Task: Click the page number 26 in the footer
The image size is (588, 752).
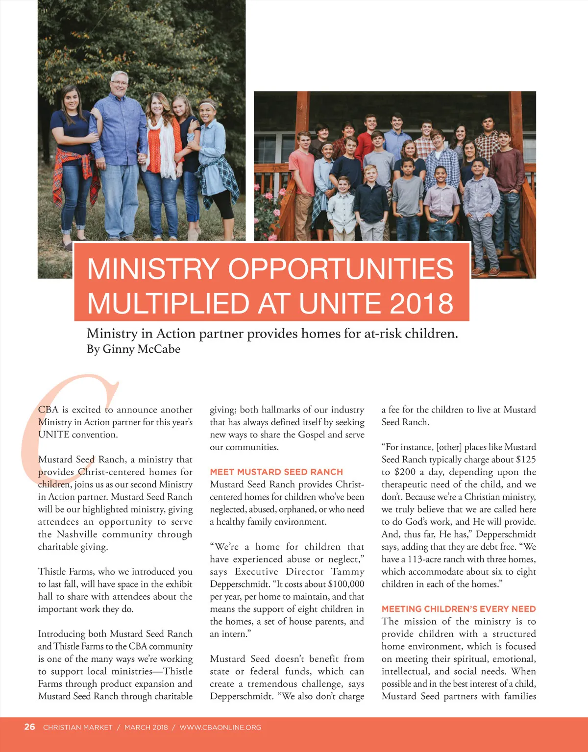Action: tap(29, 727)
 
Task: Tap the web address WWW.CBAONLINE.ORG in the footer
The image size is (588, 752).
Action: tap(220, 728)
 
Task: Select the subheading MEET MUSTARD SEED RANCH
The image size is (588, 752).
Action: tap(276, 472)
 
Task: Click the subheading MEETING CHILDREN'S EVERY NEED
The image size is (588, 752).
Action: tap(459, 609)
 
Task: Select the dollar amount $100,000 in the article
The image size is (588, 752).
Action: tap(346, 584)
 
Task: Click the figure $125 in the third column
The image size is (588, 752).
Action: tap(526, 460)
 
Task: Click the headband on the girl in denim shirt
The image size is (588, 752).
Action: tap(208, 104)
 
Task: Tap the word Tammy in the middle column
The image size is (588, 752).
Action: tap(347, 572)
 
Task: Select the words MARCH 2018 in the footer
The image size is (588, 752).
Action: tap(146, 728)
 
